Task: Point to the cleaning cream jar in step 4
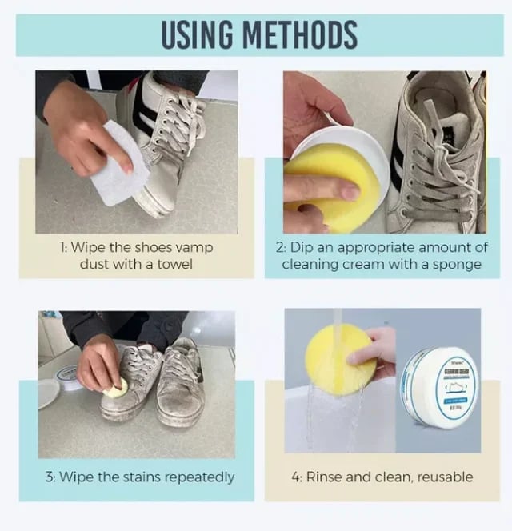coord(439,387)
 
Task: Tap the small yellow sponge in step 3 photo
coord(116,389)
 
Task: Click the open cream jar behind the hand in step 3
coord(69,376)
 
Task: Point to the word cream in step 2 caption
coord(358,263)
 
